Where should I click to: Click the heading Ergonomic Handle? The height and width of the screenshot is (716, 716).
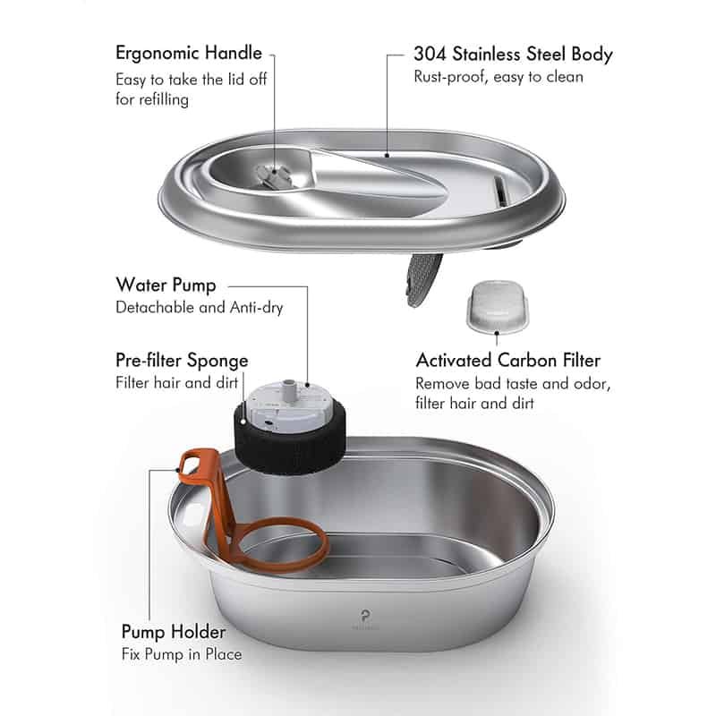189,54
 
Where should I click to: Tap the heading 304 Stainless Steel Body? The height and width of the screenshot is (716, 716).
513,54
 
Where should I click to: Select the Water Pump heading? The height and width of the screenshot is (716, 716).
166,285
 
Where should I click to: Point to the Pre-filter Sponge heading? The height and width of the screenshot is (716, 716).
182,361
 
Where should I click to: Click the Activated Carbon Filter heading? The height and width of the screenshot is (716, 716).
507,361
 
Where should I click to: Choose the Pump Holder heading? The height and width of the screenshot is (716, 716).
174,632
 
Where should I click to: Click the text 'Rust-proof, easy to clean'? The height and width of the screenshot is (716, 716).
499,77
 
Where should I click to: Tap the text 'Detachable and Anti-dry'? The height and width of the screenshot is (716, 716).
199,307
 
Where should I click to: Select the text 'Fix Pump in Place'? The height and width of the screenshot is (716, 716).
182,654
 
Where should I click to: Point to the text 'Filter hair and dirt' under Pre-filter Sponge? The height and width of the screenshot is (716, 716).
176,382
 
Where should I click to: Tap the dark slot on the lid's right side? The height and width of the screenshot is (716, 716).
500,191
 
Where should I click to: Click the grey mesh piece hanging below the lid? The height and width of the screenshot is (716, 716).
423,279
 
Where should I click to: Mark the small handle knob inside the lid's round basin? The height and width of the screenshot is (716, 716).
274,176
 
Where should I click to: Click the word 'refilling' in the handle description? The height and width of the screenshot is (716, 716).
164,99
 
